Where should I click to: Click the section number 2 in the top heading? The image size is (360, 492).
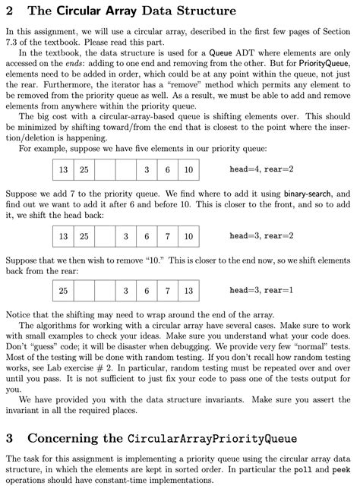point(9,11)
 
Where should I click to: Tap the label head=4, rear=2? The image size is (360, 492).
point(261,169)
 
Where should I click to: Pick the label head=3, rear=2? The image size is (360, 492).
point(261,237)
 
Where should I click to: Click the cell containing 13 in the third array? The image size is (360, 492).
point(187,291)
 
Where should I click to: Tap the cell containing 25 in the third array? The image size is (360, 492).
point(63,291)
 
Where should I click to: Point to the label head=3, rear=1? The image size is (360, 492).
point(261,291)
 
